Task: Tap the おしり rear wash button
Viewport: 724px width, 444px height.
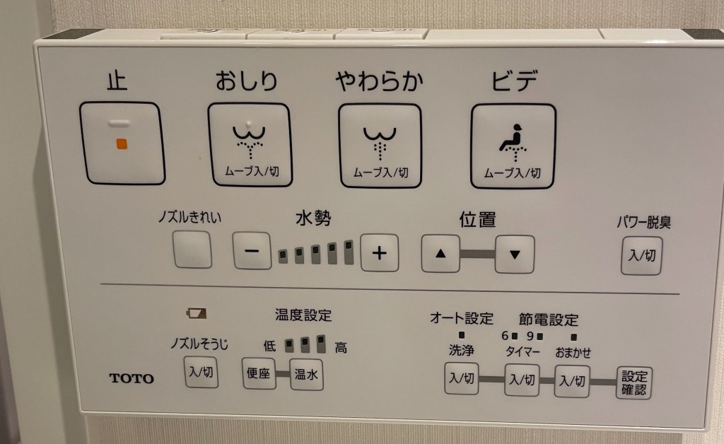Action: coord(250,144)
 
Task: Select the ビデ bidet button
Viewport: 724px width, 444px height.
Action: coord(513,146)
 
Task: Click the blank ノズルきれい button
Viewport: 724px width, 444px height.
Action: coord(192,250)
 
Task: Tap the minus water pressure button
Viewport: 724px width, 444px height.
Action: coord(252,250)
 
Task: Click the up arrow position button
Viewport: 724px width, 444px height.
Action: coord(440,253)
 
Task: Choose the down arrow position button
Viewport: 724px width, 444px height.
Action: coord(515,255)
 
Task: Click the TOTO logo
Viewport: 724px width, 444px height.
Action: coord(132,378)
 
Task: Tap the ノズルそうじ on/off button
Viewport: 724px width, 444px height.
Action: coord(201,372)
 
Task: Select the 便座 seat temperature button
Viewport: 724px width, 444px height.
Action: coord(259,373)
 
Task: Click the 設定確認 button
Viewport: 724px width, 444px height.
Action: coord(634,382)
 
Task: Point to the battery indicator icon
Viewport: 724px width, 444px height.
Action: coord(197,314)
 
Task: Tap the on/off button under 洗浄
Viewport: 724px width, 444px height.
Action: coord(461,378)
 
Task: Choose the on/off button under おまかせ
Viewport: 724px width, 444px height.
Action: coord(572,381)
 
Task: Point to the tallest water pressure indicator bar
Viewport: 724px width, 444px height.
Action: coord(349,252)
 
